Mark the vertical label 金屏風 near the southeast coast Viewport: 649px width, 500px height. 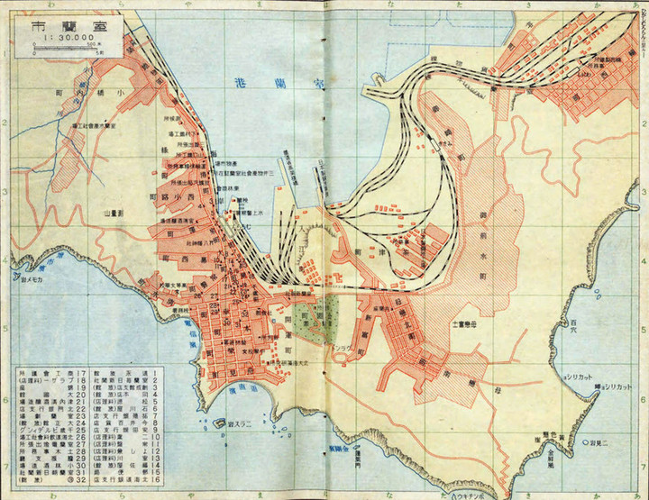(x=548, y=450)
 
